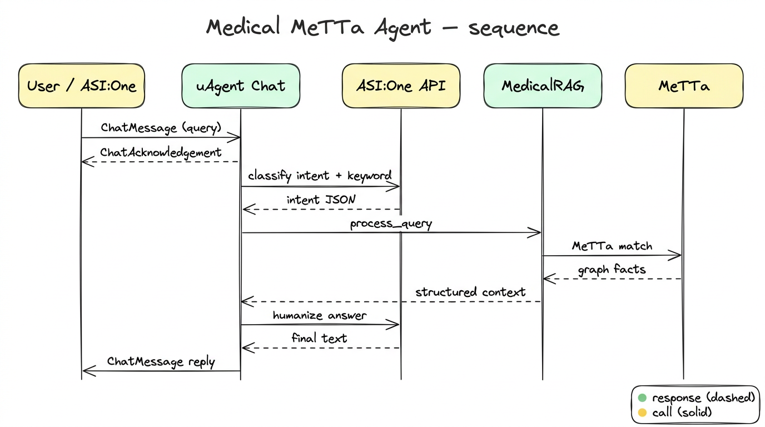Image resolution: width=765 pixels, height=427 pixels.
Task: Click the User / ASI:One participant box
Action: point(81,86)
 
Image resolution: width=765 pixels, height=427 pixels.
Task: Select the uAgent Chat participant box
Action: point(241,86)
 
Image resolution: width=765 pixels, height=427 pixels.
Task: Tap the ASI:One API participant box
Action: point(401,86)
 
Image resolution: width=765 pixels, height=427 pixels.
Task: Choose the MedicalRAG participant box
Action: point(543,86)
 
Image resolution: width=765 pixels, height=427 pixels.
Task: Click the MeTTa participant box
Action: point(684,86)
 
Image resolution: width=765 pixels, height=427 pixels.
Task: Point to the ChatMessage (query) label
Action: point(161,127)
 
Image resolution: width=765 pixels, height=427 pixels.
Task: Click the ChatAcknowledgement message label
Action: point(161,152)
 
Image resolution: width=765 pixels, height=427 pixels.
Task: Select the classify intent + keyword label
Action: point(320,176)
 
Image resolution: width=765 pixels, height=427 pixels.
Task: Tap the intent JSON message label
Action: point(321,200)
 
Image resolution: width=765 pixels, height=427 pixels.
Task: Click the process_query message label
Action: point(391,224)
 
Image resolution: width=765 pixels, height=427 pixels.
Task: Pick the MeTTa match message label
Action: point(612,245)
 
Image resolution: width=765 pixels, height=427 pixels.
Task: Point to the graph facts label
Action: point(612,270)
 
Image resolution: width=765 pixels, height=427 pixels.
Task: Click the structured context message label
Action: point(470,292)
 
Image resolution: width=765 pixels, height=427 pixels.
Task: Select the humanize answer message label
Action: point(320,315)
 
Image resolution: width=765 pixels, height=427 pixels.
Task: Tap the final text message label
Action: point(319,338)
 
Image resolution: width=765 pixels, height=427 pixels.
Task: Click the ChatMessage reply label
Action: point(161,361)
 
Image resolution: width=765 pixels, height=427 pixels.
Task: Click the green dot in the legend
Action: point(643,398)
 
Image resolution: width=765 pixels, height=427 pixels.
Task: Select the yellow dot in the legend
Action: point(643,413)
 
